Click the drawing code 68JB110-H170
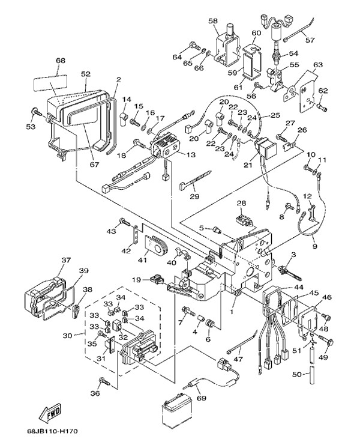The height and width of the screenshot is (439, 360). (x=53, y=431)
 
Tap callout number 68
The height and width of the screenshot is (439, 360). (x=60, y=61)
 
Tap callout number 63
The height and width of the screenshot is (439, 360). (x=317, y=64)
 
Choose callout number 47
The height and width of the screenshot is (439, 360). (x=256, y=359)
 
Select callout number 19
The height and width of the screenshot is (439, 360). (x=137, y=280)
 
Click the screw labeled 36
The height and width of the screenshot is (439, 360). (x=103, y=381)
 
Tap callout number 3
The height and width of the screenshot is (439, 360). (x=293, y=256)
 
